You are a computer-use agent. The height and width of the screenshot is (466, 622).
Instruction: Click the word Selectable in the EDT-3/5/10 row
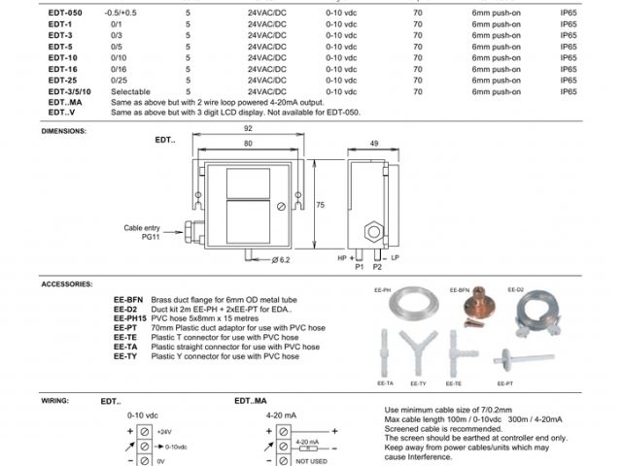[x=131, y=90]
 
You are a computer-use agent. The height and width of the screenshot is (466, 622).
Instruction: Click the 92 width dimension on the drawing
[x=248, y=129]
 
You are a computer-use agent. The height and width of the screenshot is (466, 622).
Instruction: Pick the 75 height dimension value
[x=322, y=204]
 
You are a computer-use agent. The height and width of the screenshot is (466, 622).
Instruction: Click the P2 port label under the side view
[x=377, y=266]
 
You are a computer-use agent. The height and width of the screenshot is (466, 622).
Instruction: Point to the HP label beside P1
[x=342, y=258]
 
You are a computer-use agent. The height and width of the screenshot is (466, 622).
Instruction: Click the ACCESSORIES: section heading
[x=67, y=283]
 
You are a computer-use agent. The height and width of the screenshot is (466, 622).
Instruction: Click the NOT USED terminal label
[x=311, y=461]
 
